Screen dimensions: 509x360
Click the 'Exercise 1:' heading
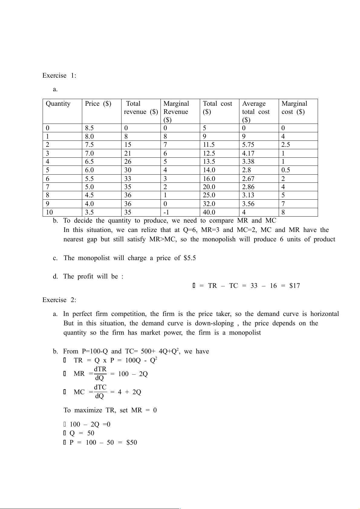point(59,76)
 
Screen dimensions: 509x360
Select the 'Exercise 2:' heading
point(59,300)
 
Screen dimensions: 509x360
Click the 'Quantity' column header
point(58,104)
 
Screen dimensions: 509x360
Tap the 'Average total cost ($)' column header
point(256,111)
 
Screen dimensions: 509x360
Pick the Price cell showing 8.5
point(89,128)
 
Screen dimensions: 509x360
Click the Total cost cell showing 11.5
point(209,145)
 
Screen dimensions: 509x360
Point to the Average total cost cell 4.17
point(248,153)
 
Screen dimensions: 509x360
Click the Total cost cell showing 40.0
point(209,212)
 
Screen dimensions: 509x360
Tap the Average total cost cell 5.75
point(248,145)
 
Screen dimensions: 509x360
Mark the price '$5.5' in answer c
point(190,258)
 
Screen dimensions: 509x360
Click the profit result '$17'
point(294,286)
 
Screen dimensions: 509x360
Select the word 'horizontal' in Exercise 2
point(325,314)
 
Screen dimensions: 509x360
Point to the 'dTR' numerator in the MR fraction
point(100,369)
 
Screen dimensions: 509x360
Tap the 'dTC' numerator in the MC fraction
point(100,387)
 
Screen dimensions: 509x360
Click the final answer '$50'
point(131,443)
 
